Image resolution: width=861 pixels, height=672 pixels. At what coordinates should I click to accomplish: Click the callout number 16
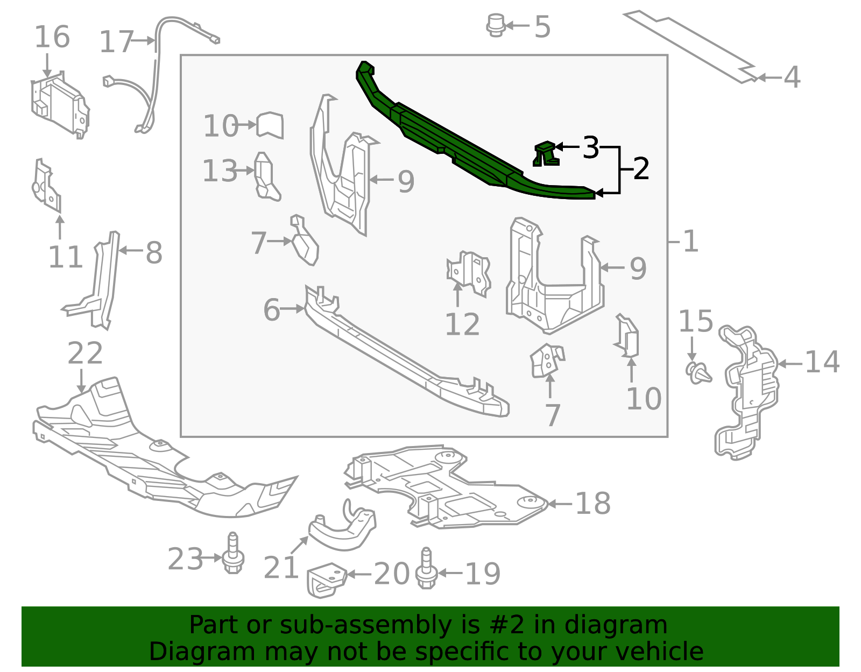(52, 37)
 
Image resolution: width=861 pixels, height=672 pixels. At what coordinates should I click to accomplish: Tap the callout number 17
(116, 42)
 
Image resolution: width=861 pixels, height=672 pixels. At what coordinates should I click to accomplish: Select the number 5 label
(542, 27)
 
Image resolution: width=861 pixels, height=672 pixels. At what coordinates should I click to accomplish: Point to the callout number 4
(792, 77)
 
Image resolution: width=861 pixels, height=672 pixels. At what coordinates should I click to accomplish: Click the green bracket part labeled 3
(546, 154)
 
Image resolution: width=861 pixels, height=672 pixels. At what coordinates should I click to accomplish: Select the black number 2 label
(641, 169)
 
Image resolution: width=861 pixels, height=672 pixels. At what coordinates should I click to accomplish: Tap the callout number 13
(220, 171)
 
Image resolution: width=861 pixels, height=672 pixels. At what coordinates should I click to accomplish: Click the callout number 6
(272, 310)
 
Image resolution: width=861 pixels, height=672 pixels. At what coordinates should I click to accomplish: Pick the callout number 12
(462, 324)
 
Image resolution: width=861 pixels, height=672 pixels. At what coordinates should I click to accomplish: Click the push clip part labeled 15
(698, 373)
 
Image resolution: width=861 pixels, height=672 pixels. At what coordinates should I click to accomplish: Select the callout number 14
(822, 362)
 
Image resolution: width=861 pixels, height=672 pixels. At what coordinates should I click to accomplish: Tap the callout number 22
(85, 353)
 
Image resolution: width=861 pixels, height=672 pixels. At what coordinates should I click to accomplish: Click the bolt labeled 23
(233, 553)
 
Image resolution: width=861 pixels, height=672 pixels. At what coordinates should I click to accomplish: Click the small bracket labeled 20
(326, 580)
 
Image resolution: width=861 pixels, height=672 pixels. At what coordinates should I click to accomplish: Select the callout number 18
(593, 504)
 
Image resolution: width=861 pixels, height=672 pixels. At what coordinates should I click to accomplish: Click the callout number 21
(281, 568)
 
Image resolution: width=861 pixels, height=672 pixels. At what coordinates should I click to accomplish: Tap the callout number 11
(65, 257)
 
